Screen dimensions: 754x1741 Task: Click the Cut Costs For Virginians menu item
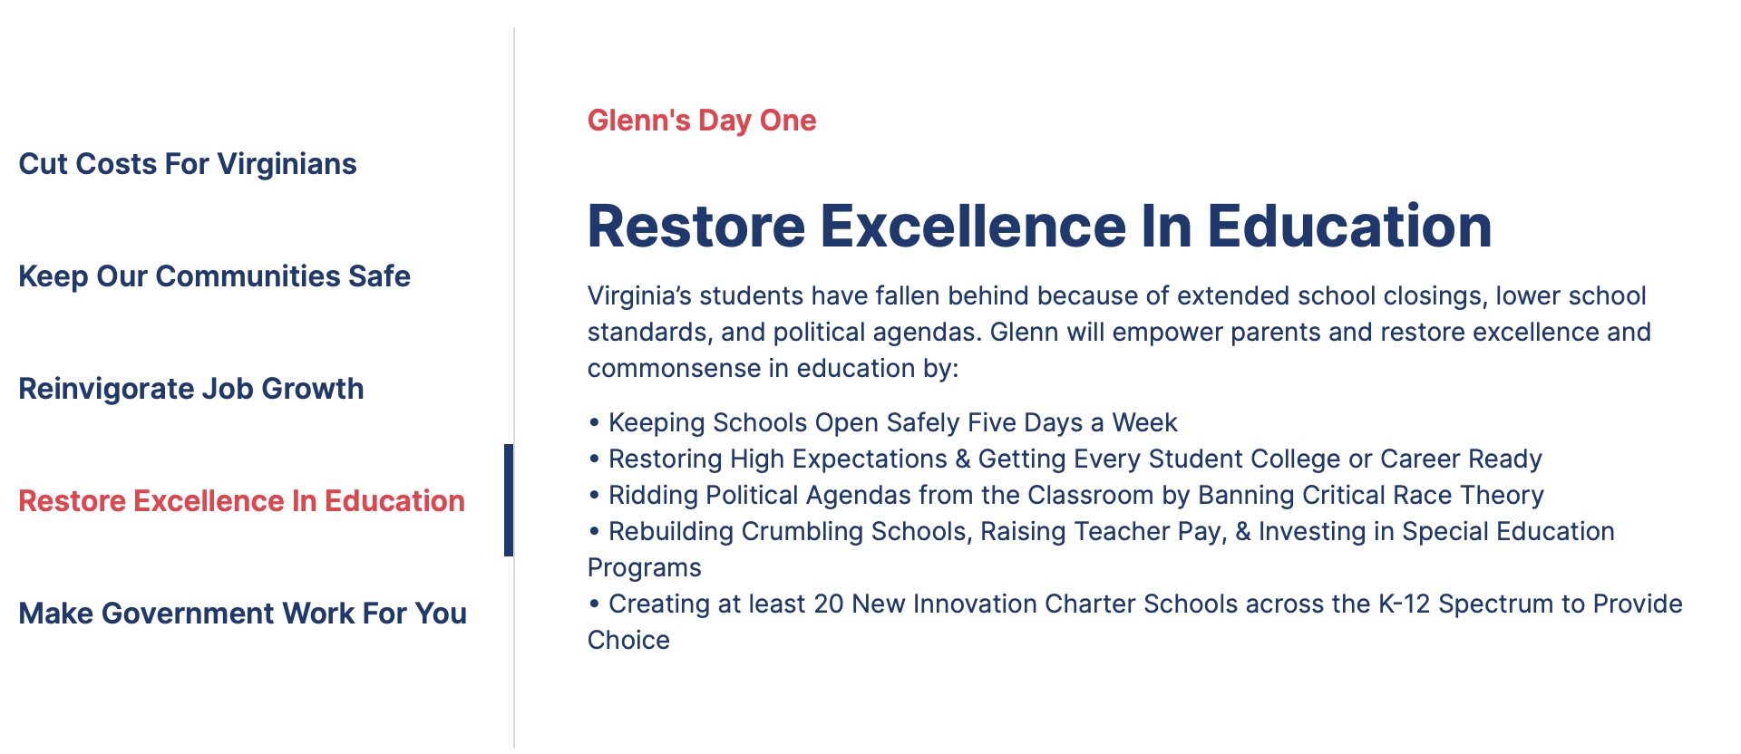(188, 164)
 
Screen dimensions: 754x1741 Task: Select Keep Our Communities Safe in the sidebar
(214, 276)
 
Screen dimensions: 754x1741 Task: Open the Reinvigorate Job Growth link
(191, 389)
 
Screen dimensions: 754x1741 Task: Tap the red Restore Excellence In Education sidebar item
(241, 501)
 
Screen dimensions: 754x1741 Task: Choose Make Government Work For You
(242, 614)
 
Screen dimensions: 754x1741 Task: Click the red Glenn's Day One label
(701, 121)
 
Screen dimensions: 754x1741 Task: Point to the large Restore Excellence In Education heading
(1039, 226)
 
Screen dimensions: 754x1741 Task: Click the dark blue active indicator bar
(509, 500)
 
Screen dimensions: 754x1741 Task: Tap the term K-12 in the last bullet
(1404, 604)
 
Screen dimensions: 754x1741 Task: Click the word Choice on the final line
(628, 641)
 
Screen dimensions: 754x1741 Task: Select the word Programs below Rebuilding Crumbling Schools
(644, 568)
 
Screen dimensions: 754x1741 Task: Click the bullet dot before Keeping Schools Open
(594, 423)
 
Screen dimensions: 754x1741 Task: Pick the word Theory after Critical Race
(1502, 496)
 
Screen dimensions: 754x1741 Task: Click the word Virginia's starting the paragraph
(639, 296)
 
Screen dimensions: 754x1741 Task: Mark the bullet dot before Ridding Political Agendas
(594, 496)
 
